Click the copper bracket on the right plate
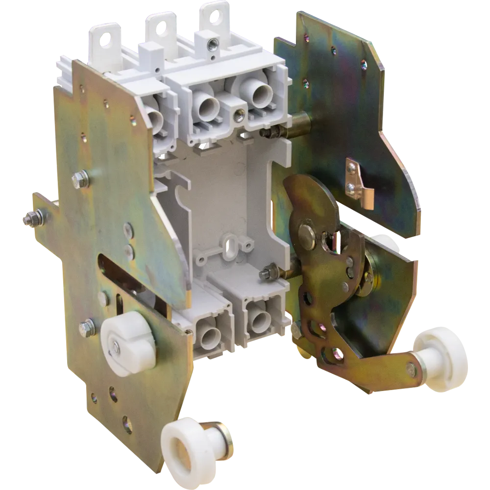click(x=360, y=181)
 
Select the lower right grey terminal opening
click(x=258, y=314)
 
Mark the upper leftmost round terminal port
click(x=154, y=120)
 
